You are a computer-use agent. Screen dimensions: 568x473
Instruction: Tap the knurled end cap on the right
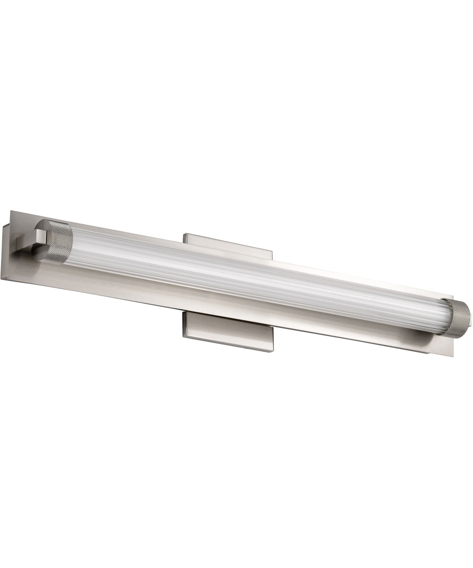click(x=458, y=319)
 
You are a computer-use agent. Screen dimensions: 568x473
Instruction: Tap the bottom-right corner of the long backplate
click(x=453, y=356)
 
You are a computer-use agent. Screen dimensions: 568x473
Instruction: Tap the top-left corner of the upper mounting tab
click(x=184, y=233)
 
